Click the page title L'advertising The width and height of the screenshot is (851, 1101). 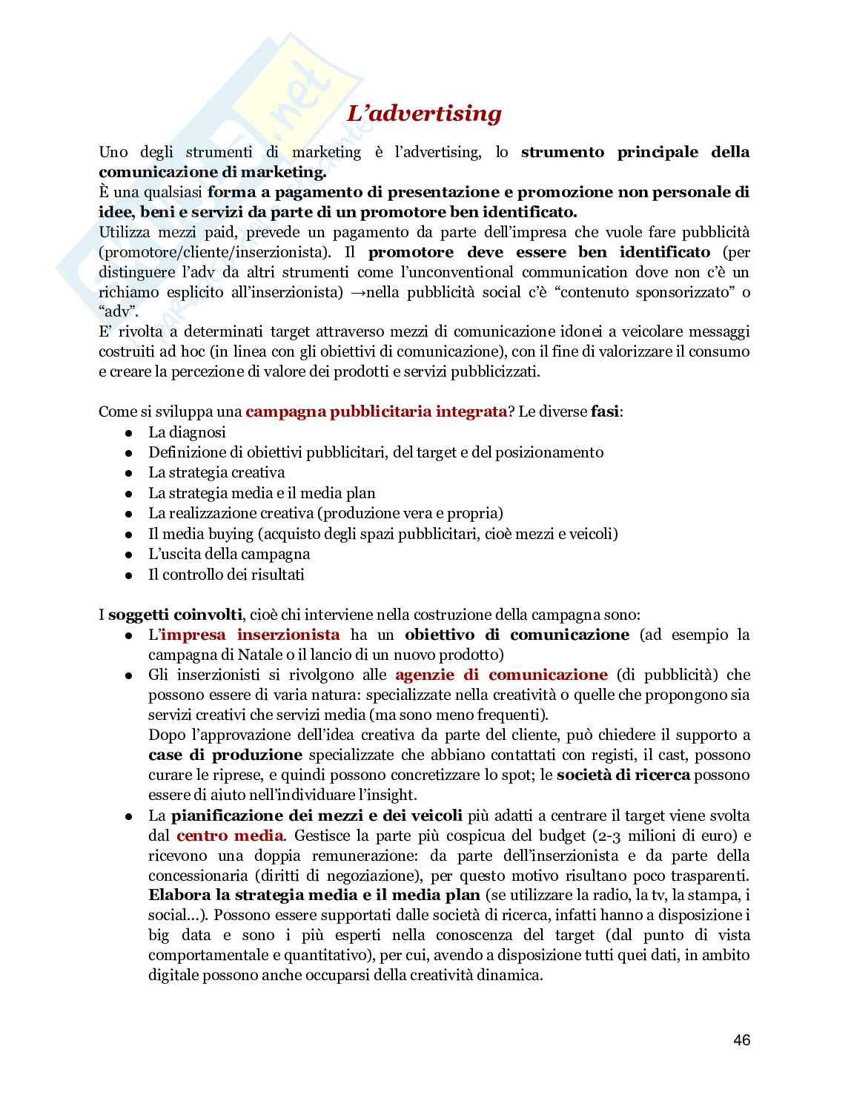pyautogui.click(x=424, y=113)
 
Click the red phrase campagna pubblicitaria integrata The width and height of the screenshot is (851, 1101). pyautogui.click(x=376, y=411)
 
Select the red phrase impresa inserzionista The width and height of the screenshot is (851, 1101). pyautogui.click(x=251, y=635)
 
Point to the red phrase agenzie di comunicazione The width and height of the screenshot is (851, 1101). pyautogui.click(x=501, y=675)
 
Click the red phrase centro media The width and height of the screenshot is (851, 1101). pyautogui.click(x=230, y=836)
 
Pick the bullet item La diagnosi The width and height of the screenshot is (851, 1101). pyautogui.click(x=187, y=432)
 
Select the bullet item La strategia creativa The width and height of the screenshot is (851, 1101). pyautogui.click(x=216, y=472)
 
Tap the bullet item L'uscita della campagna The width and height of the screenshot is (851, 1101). pyautogui.click(x=229, y=554)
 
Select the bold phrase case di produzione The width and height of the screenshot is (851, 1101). pyautogui.click(x=225, y=755)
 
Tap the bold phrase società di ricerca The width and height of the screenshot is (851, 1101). pyautogui.click(x=623, y=776)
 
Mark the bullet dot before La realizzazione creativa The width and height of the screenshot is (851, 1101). pyautogui.click(x=129, y=514)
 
